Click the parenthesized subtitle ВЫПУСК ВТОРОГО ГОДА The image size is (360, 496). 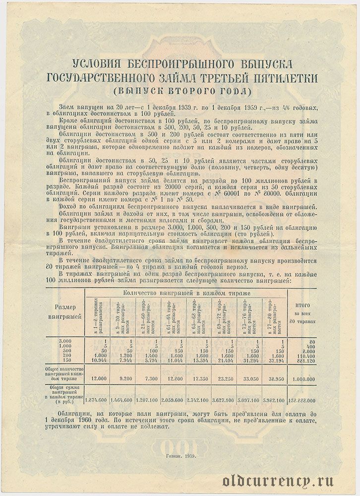click(x=180, y=91)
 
